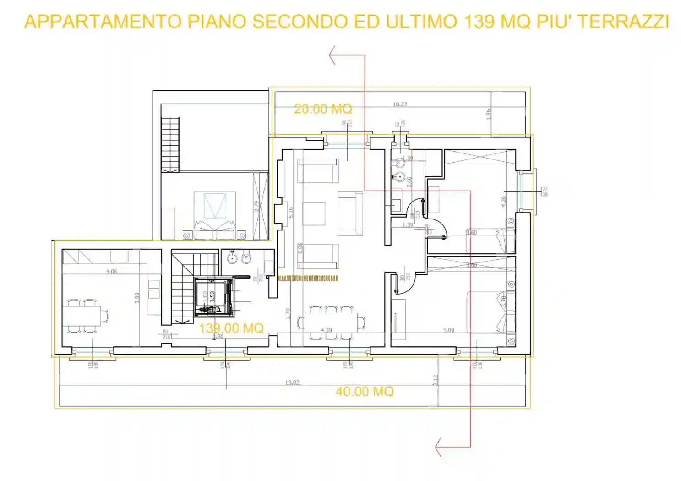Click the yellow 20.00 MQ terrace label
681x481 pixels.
point(323,109)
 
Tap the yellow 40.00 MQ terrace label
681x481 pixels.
point(365,392)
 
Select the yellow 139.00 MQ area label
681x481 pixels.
point(231,328)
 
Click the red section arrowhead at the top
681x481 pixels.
point(332,55)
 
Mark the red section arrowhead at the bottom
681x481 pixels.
point(438,447)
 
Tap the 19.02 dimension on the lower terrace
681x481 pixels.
point(292,383)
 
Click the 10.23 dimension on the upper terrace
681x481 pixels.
point(400,104)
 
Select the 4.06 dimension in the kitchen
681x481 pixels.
point(112,271)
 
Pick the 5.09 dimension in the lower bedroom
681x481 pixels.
point(449,330)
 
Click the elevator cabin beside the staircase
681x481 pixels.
point(212,297)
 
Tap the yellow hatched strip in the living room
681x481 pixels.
point(308,278)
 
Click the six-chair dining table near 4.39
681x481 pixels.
point(331,323)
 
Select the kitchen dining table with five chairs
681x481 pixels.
point(85,316)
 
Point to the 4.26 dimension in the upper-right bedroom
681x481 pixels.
point(503,201)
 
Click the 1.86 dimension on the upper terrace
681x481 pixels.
point(489,114)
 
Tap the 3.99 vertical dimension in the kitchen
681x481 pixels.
point(137,298)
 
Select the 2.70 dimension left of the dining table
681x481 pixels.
point(288,313)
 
